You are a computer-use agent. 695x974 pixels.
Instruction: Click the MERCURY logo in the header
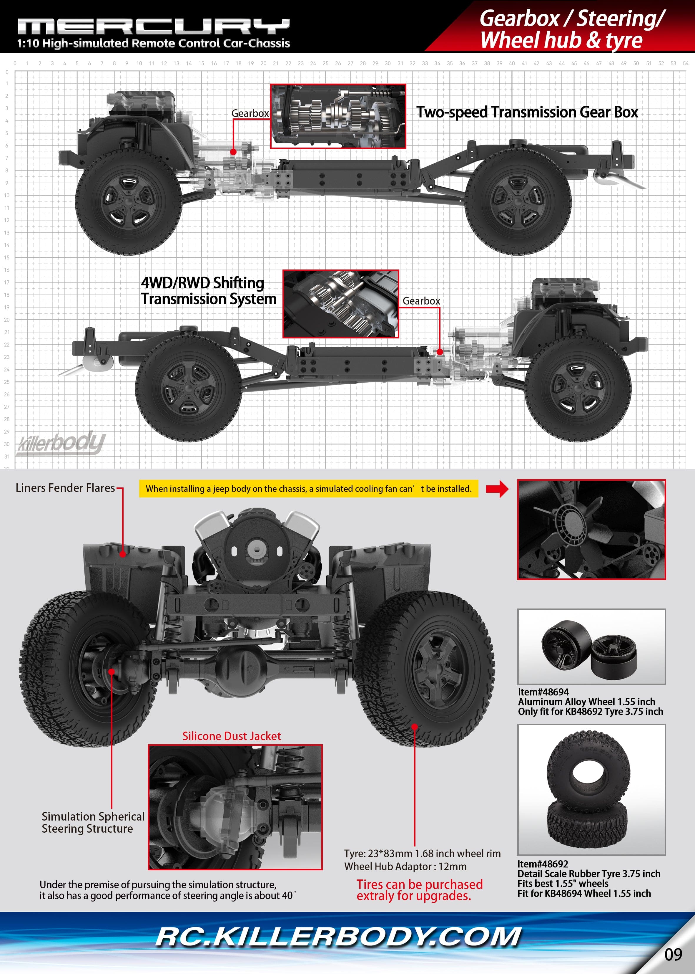153,27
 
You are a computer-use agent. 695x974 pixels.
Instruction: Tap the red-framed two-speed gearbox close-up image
338,116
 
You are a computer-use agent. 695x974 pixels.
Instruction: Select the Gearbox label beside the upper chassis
250,113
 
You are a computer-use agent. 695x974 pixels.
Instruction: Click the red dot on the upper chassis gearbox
233,152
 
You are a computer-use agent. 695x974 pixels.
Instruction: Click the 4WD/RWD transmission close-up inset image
341,304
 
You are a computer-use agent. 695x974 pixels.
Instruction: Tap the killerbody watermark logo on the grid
61,443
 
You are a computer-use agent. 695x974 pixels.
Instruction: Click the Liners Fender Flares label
65,488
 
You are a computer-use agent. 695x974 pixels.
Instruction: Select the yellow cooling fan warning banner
308,489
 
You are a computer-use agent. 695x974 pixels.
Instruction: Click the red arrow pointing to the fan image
497,489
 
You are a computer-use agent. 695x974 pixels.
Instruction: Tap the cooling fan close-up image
591,529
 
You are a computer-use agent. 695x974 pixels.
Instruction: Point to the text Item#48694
543,692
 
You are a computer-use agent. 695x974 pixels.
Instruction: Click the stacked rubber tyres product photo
591,789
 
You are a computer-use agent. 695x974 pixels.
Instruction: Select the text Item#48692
543,864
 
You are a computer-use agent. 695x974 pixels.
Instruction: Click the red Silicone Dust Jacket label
232,736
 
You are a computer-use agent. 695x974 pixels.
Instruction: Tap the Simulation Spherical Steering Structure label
93,822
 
